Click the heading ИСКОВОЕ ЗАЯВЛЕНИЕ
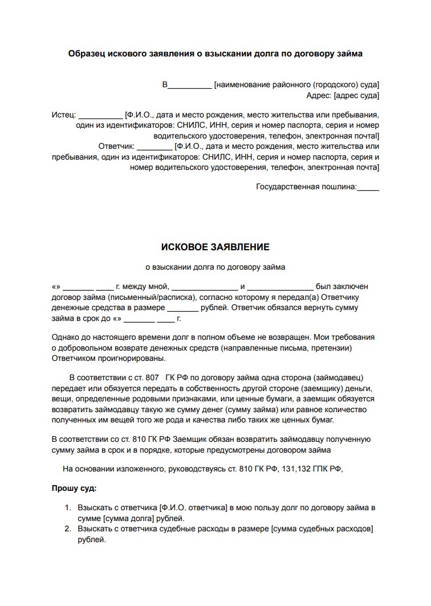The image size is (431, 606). click(215, 247)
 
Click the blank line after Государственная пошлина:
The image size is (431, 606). click(368, 186)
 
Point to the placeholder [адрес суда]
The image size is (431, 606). click(356, 96)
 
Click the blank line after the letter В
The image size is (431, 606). click(190, 86)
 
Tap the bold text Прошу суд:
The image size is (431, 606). click(74, 489)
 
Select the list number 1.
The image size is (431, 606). click(67, 507)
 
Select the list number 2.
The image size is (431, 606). click(67, 529)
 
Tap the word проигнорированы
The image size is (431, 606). click(129, 359)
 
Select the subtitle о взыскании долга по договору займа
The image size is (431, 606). click(215, 266)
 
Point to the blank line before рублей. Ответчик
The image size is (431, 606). click(182, 308)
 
